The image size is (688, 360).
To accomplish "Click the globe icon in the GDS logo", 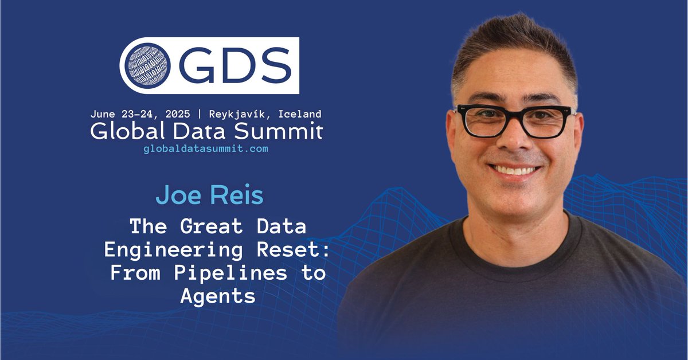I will point(147,65).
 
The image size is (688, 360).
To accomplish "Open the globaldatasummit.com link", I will point(205,148).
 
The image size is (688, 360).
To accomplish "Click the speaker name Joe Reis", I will point(209,195).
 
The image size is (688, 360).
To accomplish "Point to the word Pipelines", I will point(232,273).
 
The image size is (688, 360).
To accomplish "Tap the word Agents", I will point(217,296).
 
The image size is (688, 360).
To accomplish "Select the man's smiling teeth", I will point(515,170).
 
